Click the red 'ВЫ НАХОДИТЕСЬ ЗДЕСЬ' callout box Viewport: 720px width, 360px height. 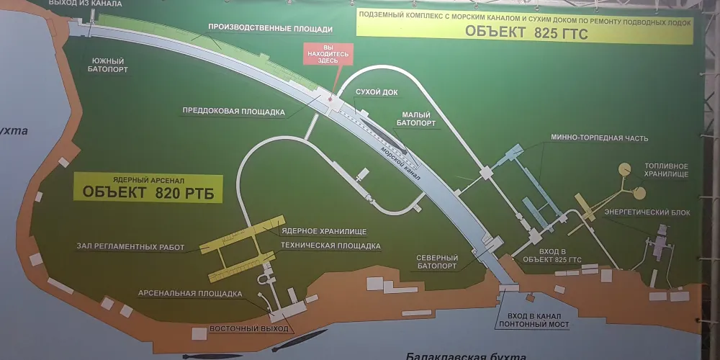(x=329, y=54)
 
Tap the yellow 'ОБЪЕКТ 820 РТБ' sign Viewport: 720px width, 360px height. (x=148, y=188)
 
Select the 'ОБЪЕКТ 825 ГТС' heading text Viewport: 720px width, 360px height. (x=526, y=32)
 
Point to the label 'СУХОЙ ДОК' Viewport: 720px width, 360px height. (x=377, y=92)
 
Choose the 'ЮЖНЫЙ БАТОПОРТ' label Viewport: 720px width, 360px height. (x=109, y=65)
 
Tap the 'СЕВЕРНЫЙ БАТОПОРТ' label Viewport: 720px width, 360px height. (x=437, y=262)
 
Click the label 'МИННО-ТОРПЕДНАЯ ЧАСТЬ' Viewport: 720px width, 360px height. (x=596, y=138)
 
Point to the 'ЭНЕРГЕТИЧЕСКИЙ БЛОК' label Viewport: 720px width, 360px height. (x=647, y=212)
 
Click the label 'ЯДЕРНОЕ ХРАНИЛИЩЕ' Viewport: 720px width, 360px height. (x=324, y=231)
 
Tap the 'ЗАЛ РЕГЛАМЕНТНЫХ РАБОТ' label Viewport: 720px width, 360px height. (x=131, y=248)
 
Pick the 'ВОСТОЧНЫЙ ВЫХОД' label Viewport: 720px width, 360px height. (x=249, y=329)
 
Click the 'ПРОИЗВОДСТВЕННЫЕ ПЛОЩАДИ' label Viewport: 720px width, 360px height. (x=271, y=29)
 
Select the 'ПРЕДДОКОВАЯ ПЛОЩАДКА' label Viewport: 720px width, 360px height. (x=234, y=111)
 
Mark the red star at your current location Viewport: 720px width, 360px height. (x=330, y=99)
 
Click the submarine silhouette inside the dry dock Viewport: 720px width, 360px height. (x=384, y=135)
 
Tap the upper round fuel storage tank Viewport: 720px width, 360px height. (x=625, y=169)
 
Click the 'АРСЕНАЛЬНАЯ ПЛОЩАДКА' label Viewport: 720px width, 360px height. (x=190, y=294)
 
